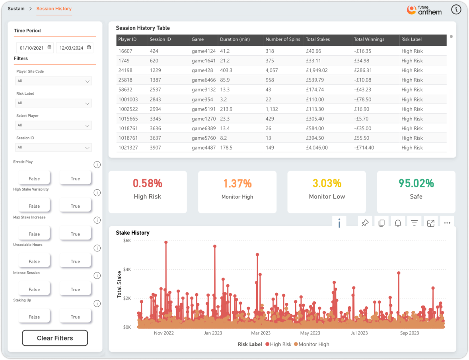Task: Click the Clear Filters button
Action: tap(55, 338)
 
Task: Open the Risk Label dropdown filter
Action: tap(53, 103)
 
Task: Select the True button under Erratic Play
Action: tap(75, 179)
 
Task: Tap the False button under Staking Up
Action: tap(34, 317)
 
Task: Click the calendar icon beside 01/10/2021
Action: tap(50, 47)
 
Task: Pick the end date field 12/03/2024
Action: tap(71, 48)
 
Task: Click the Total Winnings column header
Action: tap(369, 39)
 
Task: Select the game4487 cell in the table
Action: tap(203, 148)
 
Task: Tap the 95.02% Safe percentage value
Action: tap(416, 183)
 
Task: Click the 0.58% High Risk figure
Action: tap(148, 183)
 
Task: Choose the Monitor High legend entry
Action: tap(311, 344)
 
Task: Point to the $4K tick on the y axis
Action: tap(127, 269)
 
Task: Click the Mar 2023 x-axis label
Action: tap(261, 333)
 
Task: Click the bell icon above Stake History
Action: tap(398, 223)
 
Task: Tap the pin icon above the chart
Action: tap(365, 223)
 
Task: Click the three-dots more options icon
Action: tap(447, 223)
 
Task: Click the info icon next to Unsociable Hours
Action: tap(97, 248)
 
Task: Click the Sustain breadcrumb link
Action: tap(16, 9)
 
